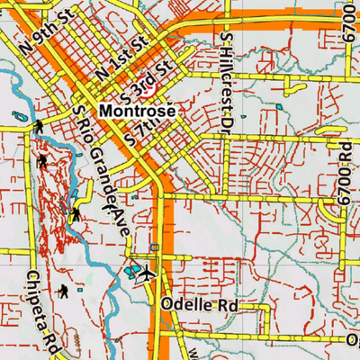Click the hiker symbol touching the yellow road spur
76,213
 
